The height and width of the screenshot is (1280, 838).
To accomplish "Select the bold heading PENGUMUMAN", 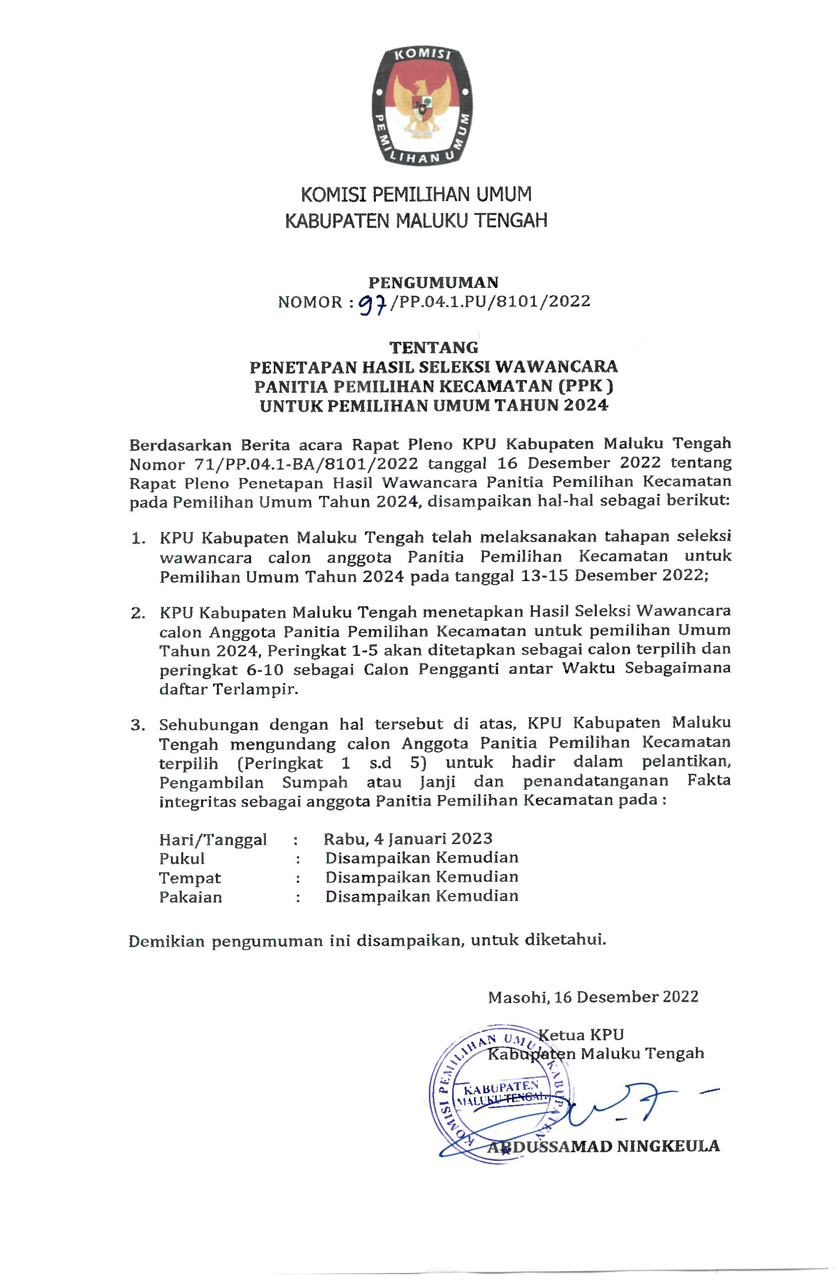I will [433, 282].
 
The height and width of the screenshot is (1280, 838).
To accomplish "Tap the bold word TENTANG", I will [433, 347].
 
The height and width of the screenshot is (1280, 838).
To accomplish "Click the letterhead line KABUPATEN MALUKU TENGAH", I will [416, 220].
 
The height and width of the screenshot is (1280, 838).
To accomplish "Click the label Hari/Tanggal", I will [213, 840].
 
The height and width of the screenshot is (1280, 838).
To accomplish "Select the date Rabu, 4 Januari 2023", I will [408, 839].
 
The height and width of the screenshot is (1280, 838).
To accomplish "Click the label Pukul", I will [182, 859].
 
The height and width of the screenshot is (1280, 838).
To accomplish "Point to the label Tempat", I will [190, 878].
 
